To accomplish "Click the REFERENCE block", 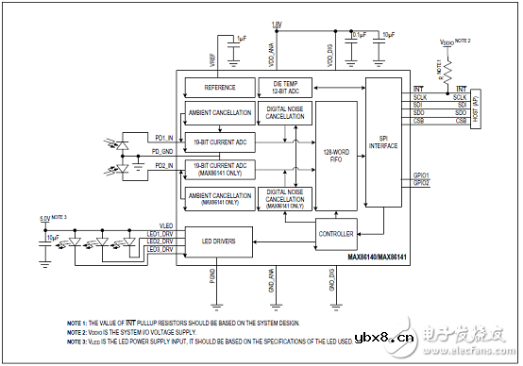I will click(x=218, y=87).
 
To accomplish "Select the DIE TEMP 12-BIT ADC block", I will click(x=284, y=87).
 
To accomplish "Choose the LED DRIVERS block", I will click(x=218, y=241).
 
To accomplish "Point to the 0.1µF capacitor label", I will click(x=360, y=34).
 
